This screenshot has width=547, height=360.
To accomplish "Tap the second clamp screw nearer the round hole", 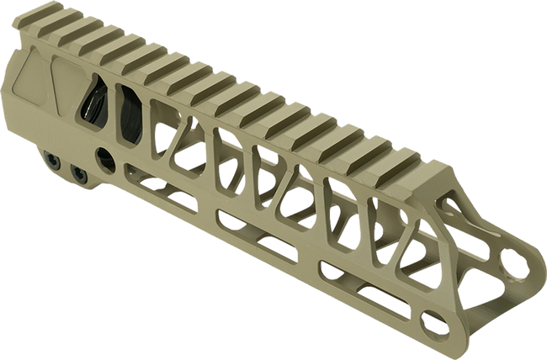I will [81, 172].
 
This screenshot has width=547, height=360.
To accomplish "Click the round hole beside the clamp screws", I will [107, 158].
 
